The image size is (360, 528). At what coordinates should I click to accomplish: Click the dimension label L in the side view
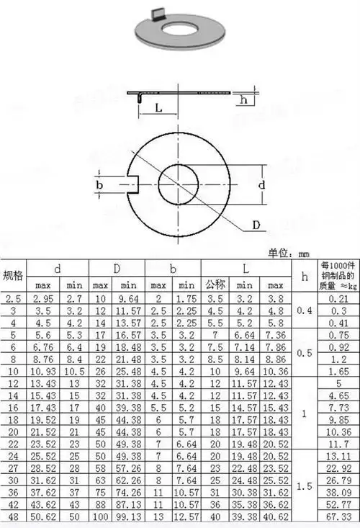(158, 108)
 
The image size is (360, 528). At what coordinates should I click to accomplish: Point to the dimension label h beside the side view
(243, 99)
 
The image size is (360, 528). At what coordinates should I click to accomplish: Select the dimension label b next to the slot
(99, 185)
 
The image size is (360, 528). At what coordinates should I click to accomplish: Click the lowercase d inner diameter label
(261, 184)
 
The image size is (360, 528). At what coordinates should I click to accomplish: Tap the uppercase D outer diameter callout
(256, 225)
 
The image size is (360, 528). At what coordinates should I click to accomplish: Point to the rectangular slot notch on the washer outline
(134, 184)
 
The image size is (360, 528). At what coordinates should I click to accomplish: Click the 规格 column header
(13, 276)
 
